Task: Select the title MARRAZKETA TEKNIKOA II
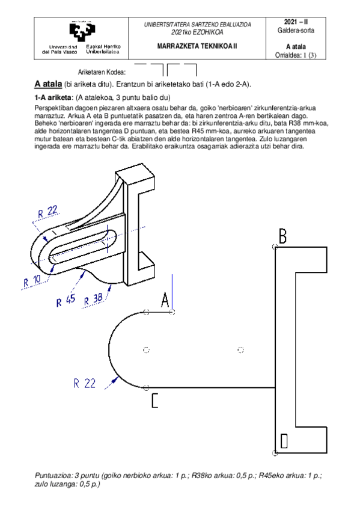(x=197, y=45)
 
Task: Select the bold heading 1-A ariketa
(x=53, y=97)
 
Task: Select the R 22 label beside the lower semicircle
(x=85, y=382)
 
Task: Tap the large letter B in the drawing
(x=282, y=235)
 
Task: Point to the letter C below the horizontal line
(x=154, y=401)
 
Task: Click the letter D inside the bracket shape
(x=284, y=441)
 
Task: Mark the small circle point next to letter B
(x=275, y=246)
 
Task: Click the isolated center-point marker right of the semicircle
(x=240, y=349)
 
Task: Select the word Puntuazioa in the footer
(x=52, y=475)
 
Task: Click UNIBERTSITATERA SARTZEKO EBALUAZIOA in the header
(x=197, y=25)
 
